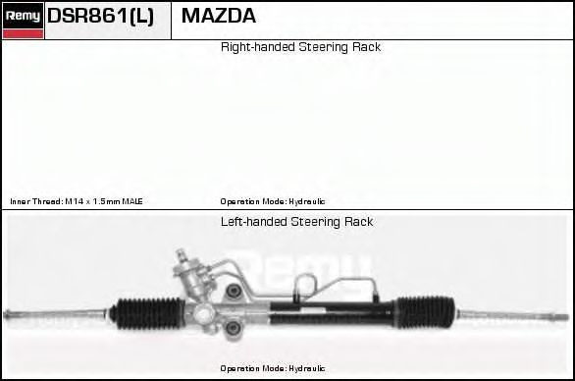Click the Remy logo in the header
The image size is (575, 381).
click(23, 21)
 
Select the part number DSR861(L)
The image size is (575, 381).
click(100, 16)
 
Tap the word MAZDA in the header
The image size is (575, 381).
click(219, 16)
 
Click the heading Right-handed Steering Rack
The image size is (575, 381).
click(300, 47)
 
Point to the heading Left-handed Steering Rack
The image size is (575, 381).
click(296, 222)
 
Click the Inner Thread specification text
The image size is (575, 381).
click(77, 201)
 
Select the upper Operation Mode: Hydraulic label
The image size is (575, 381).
click(273, 201)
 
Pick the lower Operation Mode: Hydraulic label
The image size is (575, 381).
click(273, 368)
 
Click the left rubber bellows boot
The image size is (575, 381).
click(147, 313)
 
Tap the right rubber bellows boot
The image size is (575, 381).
click(426, 312)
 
